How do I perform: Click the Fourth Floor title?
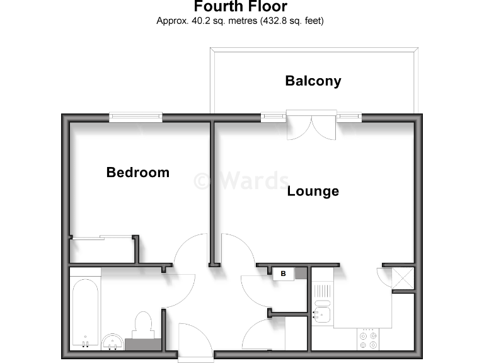240,7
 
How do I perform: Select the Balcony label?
313,81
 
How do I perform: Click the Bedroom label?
137,172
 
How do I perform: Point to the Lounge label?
313,191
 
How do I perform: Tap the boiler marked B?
284,274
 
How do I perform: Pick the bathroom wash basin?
113,342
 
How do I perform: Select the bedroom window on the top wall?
135,117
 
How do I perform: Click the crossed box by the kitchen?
403,278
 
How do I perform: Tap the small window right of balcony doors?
349,117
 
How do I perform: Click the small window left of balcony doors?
273,117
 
